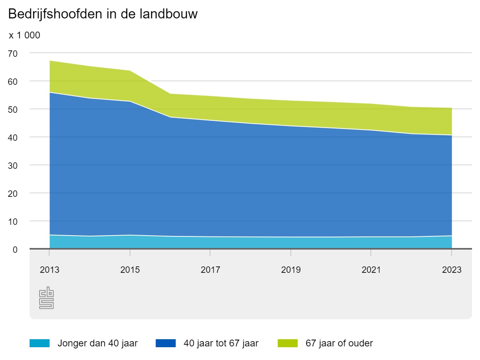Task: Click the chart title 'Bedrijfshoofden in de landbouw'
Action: tap(103, 14)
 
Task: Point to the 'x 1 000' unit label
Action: tap(24, 36)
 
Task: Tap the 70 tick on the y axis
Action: tap(13, 53)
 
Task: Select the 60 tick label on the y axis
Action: tap(13, 81)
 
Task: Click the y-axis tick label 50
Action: tap(13, 109)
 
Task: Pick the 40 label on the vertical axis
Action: tap(13, 137)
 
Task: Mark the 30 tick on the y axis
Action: tap(13, 165)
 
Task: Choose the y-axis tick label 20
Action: tap(13, 193)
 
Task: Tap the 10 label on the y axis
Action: tap(13, 221)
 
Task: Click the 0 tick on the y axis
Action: tap(15, 249)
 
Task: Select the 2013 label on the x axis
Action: tap(50, 270)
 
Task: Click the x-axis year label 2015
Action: tap(130, 270)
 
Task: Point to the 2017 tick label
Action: tap(210, 270)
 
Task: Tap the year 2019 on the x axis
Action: tap(291, 270)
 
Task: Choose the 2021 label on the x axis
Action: tap(371, 270)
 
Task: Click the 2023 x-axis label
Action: tap(452, 270)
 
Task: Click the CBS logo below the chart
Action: tap(46, 298)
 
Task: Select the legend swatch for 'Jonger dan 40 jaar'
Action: tap(40, 343)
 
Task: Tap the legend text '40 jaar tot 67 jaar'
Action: tap(221, 343)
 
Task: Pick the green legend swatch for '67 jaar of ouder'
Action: tap(287, 343)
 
